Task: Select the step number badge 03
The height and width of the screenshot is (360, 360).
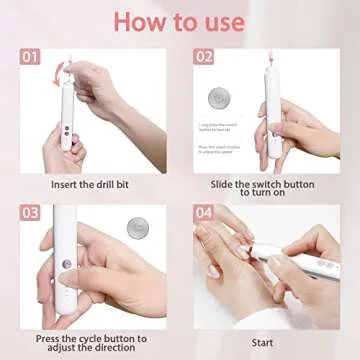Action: coord(31,213)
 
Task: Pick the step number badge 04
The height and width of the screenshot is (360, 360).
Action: coord(204,213)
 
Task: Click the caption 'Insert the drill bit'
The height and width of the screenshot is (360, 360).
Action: coord(94,183)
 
